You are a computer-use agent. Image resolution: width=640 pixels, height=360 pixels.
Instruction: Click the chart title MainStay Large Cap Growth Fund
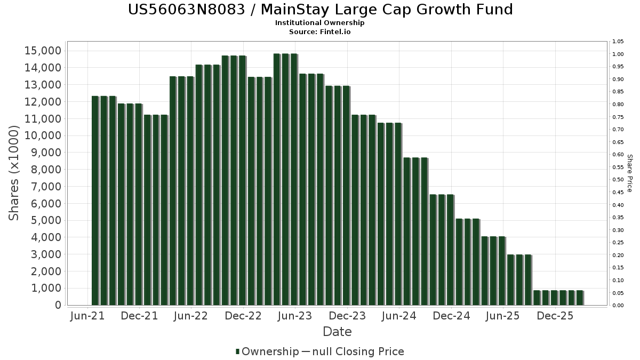tap(387, 10)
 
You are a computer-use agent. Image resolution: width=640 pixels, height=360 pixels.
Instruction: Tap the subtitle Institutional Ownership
tap(319, 23)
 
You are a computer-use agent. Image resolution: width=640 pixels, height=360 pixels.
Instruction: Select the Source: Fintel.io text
tap(319, 31)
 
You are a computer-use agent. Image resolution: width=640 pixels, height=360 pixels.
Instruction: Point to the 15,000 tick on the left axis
tap(43, 51)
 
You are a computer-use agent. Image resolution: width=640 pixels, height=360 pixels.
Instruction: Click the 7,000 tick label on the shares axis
tap(46, 187)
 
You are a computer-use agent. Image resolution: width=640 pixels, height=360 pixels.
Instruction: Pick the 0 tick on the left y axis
tap(58, 305)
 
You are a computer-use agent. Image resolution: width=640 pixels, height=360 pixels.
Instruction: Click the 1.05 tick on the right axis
tap(618, 42)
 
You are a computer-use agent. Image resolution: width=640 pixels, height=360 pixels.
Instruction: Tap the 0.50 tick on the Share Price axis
tap(618, 180)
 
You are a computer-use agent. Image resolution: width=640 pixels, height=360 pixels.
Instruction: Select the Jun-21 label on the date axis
tap(87, 316)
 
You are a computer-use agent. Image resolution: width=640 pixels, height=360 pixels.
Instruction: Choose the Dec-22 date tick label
tap(243, 316)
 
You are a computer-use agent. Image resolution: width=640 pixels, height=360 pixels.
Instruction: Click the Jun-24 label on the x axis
tap(399, 316)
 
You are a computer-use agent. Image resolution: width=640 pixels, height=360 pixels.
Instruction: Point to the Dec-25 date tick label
tap(555, 316)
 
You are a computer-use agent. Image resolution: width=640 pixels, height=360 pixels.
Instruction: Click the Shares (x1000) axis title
tap(14, 173)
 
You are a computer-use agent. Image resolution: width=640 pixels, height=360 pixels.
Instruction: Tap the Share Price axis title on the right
tap(629, 173)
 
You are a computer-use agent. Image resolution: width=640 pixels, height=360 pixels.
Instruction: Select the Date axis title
tap(337, 332)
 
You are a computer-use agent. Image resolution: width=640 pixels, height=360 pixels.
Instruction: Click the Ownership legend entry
tap(267, 351)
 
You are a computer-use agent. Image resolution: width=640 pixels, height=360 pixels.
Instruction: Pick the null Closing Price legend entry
tap(353, 351)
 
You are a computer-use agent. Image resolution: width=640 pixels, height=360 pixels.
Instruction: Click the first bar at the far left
tap(95, 201)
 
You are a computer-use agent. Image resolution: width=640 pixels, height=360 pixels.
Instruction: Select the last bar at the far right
tap(580, 298)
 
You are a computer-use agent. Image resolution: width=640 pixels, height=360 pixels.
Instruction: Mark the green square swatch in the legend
tap(237, 351)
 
